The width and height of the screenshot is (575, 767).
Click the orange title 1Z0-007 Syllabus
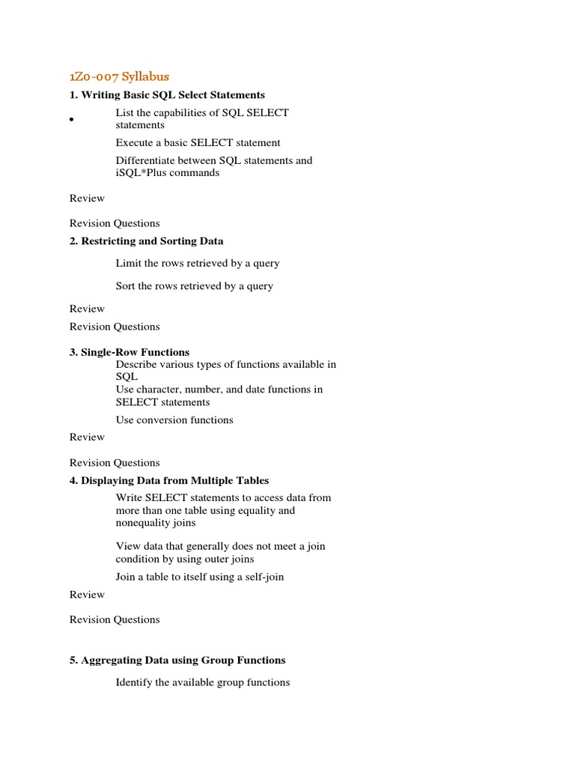119,76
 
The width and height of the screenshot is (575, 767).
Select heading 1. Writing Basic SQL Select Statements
167,95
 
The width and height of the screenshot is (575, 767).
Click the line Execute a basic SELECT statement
198,142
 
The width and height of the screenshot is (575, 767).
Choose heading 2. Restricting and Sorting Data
146,241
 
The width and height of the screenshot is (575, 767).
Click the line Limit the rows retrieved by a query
198,263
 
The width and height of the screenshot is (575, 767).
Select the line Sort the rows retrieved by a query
194,285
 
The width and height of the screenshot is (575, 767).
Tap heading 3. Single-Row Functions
130,352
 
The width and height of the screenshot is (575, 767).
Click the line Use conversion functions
174,419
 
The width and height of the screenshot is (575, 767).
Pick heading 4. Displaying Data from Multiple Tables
169,480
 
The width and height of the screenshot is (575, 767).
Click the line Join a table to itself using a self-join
200,577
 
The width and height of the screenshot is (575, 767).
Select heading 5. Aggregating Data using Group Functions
177,660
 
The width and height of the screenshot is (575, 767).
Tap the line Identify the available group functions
203,682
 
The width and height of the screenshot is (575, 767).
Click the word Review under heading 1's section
87,198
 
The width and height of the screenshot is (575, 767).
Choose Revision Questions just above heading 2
115,223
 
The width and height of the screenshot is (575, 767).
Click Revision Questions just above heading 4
115,462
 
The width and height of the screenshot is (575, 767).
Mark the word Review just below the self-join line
87,594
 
